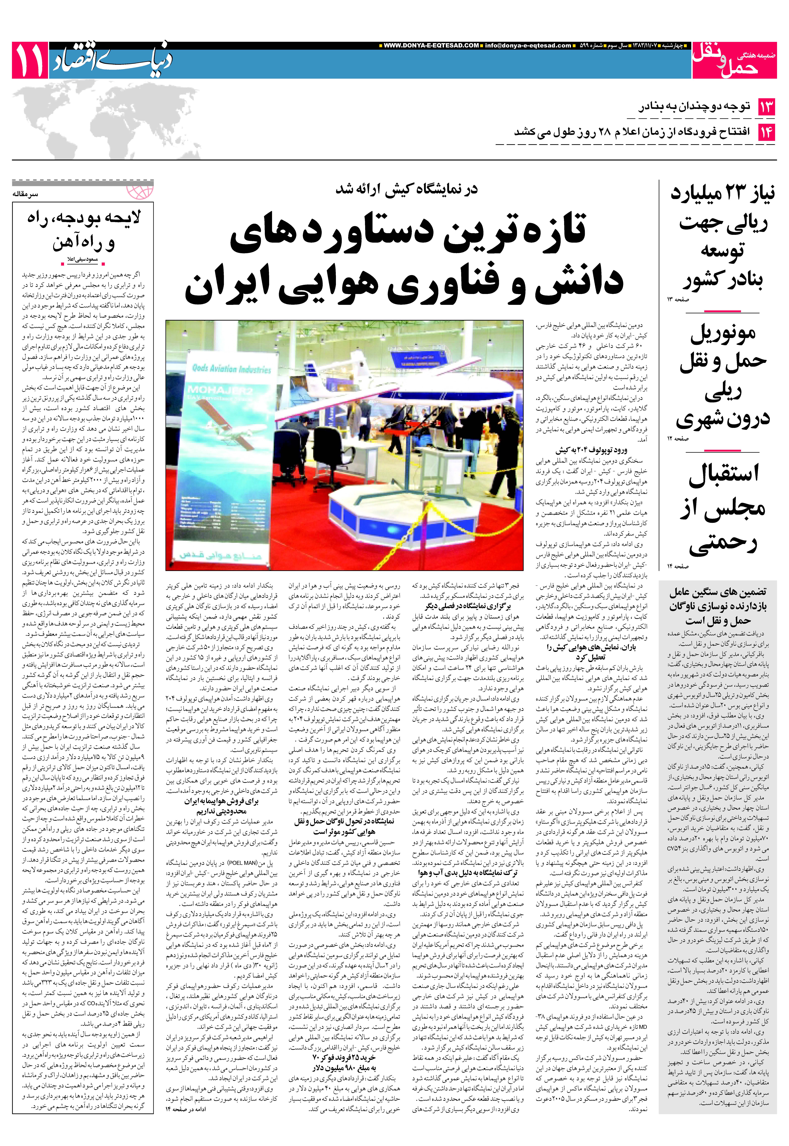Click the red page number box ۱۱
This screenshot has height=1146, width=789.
[30, 60]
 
